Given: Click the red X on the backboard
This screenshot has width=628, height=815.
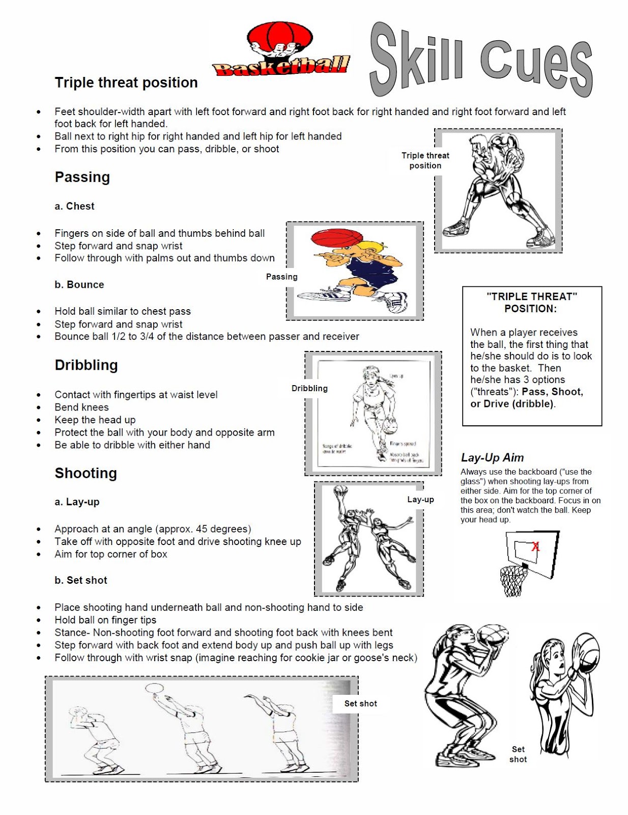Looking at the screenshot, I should [x=535, y=547].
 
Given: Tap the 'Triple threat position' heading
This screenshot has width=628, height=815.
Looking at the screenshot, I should [x=126, y=83].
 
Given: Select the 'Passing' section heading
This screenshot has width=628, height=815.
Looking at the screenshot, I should [x=82, y=177].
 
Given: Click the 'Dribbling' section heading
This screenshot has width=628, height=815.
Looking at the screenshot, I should [x=87, y=365].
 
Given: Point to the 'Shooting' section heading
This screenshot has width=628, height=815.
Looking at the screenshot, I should [x=86, y=473].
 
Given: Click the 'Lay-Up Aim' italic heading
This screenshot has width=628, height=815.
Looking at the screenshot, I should [x=492, y=457].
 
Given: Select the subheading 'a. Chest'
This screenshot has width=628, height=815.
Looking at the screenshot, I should [x=74, y=206].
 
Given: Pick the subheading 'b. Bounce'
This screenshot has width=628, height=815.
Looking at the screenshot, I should [x=79, y=285].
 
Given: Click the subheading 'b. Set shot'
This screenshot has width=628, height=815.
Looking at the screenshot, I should [x=81, y=580].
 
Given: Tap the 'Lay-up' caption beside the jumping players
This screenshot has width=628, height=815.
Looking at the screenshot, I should [x=420, y=500].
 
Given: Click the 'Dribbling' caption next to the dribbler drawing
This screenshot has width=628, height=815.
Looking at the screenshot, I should [x=309, y=388].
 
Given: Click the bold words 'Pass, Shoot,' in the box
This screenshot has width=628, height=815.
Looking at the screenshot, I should [x=552, y=392].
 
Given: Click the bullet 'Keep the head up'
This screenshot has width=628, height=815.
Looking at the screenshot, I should [x=95, y=420].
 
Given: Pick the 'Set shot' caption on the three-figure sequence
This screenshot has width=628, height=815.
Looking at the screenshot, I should [x=360, y=703].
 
